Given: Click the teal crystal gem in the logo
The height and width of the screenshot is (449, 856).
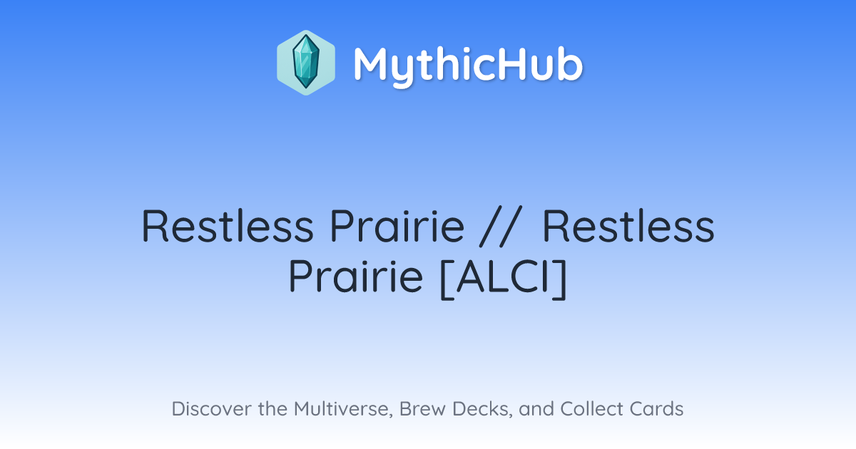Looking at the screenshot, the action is [x=306, y=62].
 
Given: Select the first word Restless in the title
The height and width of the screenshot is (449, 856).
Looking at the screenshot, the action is [x=228, y=226].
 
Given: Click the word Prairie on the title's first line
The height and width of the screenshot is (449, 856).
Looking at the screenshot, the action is [x=397, y=226].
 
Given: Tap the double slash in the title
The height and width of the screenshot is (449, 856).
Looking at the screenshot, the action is [x=499, y=227].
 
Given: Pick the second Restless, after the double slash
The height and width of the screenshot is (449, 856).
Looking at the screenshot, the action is [x=628, y=226].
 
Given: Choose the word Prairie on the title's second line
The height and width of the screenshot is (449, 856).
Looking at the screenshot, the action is [x=356, y=276].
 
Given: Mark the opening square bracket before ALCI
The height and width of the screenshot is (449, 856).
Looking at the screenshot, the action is [x=447, y=279].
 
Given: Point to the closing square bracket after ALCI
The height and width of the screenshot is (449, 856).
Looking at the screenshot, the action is [x=559, y=279].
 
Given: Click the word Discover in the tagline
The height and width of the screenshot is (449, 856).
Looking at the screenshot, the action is [x=212, y=409].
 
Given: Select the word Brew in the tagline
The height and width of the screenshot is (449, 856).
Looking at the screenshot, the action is [x=422, y=409].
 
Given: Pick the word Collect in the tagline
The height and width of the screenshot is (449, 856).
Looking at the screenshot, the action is [x=592, y=409].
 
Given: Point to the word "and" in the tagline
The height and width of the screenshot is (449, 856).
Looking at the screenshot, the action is [x=536, y=409].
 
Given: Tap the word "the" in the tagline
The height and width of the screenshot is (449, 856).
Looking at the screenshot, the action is [x=272, y=409].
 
